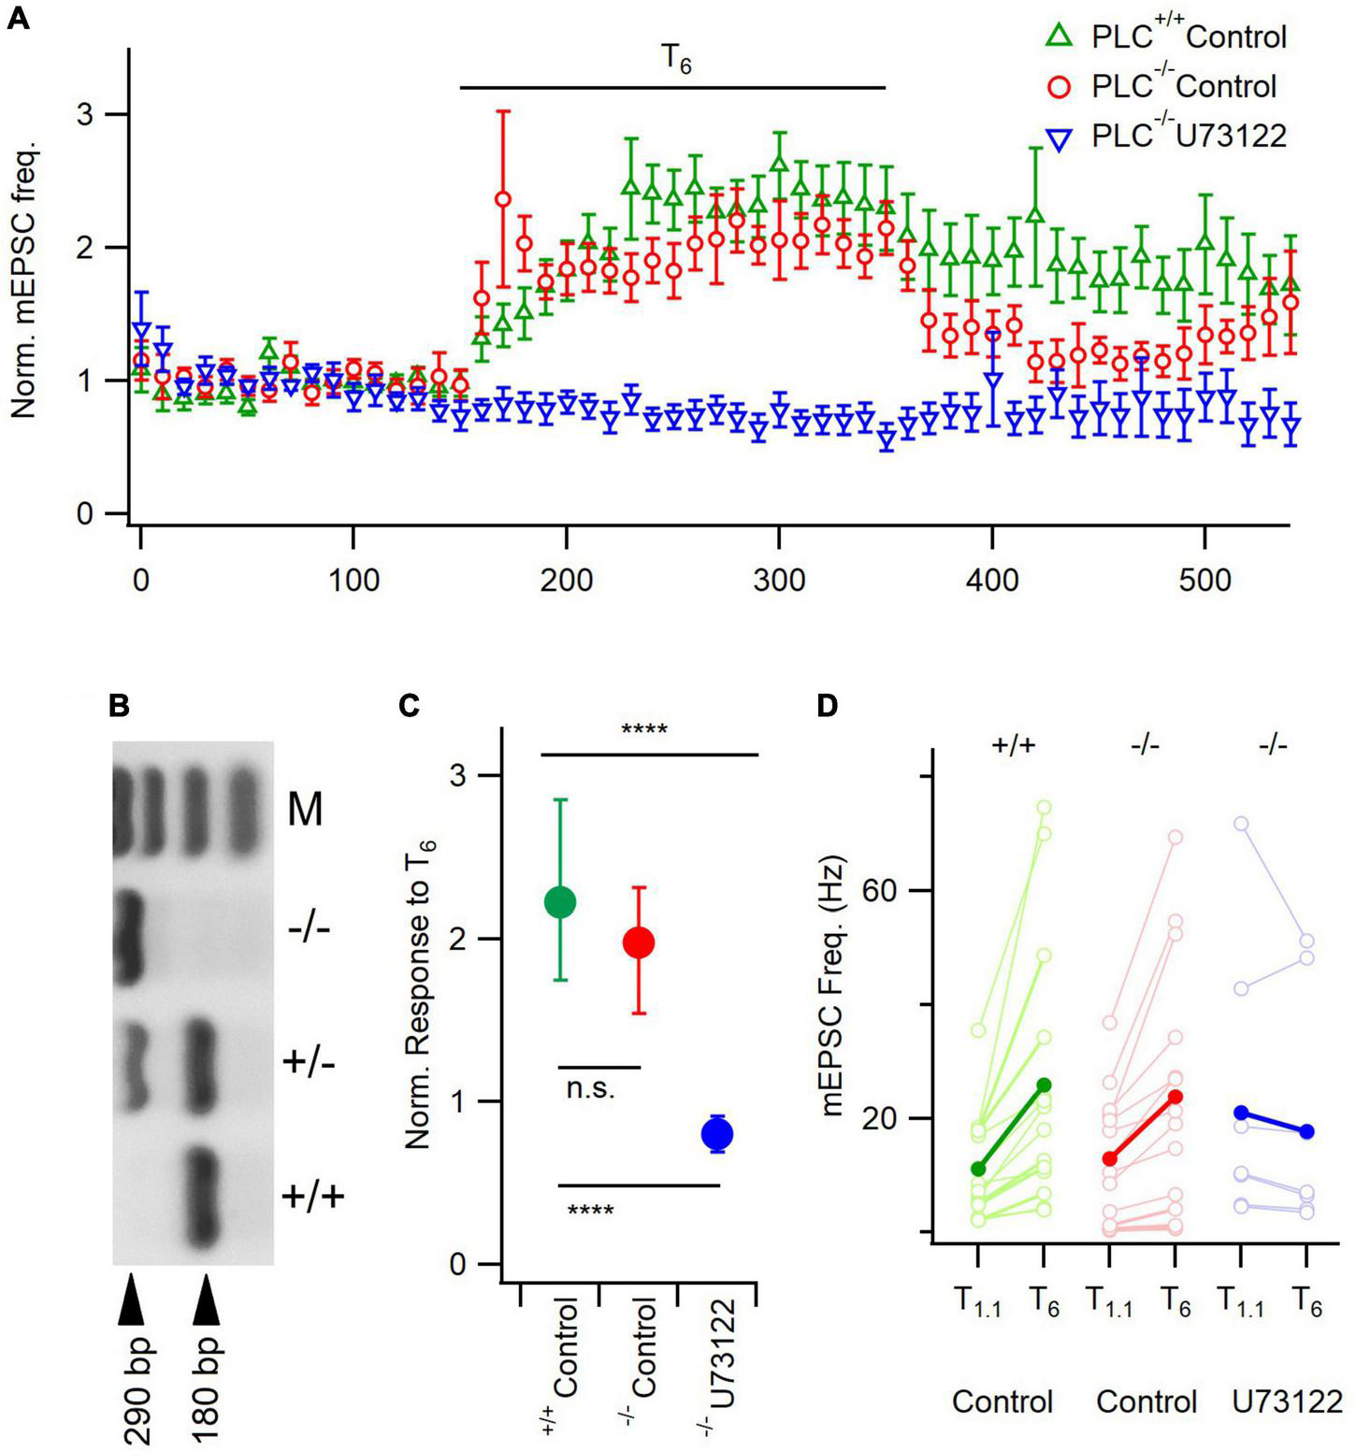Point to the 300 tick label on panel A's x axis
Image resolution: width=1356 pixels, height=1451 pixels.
(x=779, y=581)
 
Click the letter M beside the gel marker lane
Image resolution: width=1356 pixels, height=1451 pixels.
(x=305, y=809)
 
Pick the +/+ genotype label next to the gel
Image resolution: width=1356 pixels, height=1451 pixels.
(x=312, y=1195)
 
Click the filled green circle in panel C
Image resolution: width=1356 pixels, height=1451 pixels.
(x=560, y=901)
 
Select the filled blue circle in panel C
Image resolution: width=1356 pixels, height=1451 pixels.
(x=717, y=1134)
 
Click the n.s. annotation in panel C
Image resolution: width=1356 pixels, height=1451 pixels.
(x=591, y=1089)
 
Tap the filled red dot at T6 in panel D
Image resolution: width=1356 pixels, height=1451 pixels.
(x=1176, y=1097)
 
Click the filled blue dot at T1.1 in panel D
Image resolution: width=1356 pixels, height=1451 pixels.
(x=1241, y=1113)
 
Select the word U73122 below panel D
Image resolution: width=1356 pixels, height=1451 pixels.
(x=1287, y=1401)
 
